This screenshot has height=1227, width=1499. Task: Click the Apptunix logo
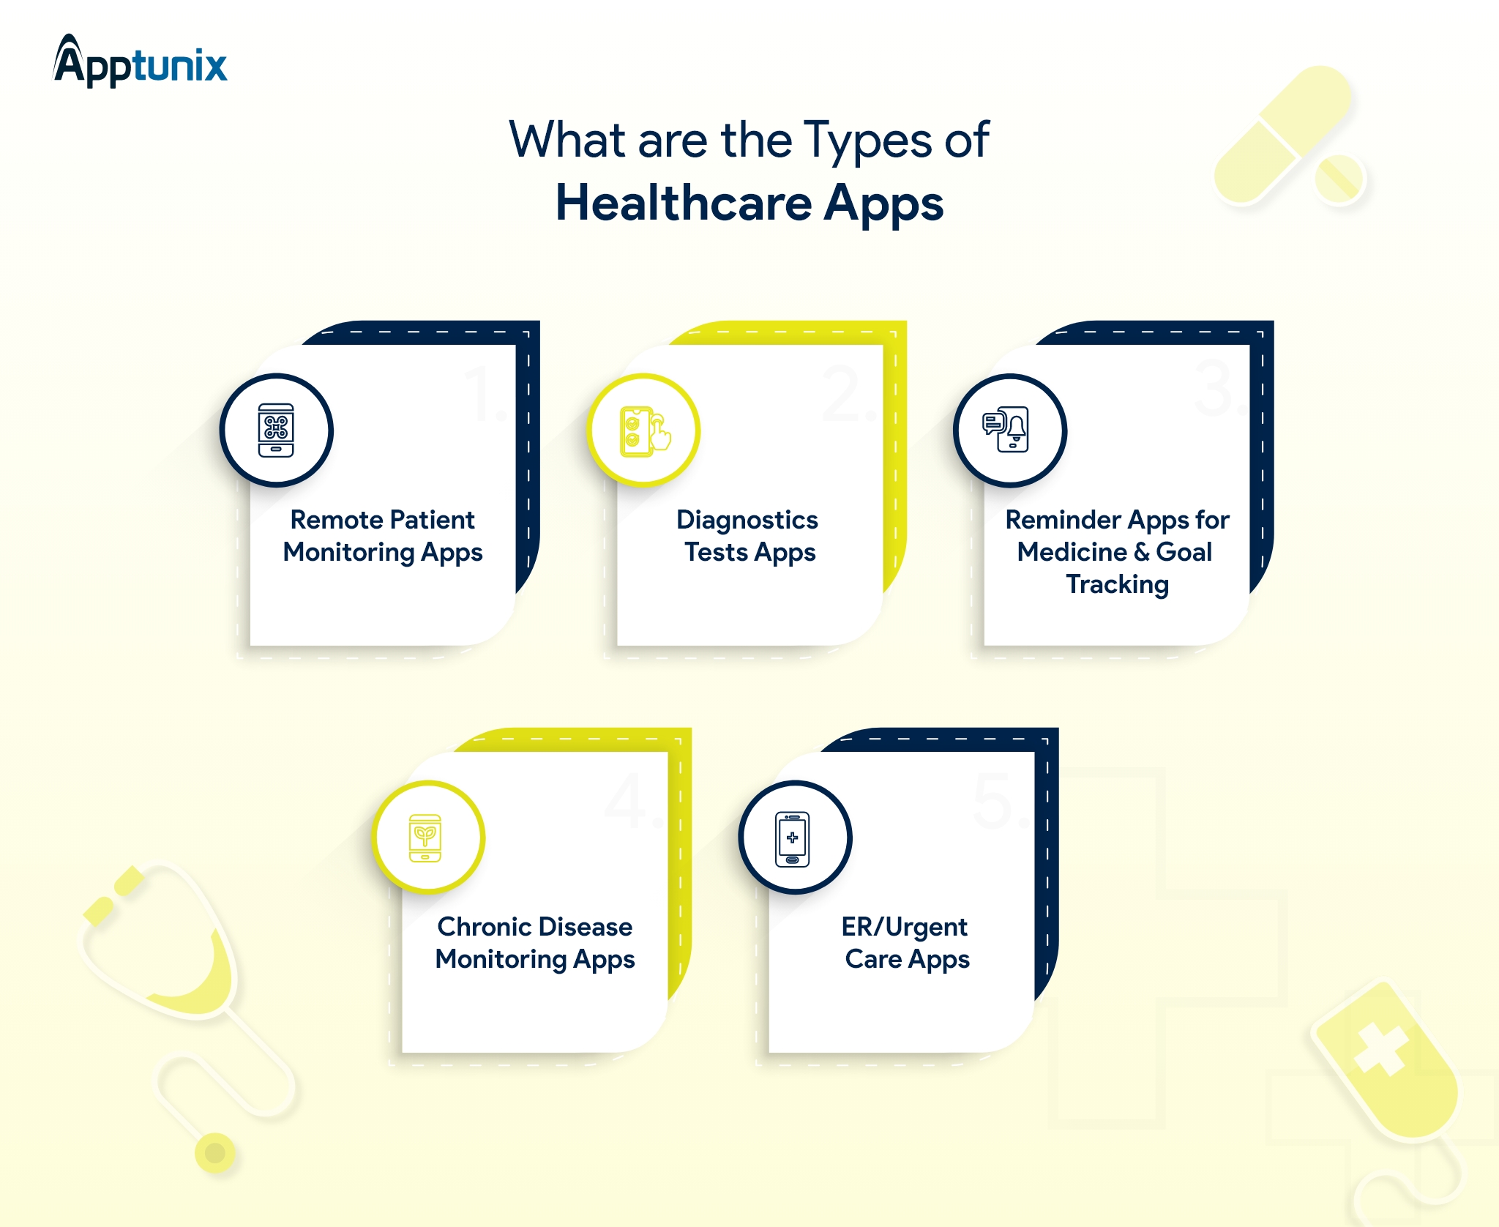tap(140, 61)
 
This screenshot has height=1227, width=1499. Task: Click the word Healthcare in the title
tap(684, 203)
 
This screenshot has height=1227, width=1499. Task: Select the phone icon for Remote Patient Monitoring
tap(276, 430)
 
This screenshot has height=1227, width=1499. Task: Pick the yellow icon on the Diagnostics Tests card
tap(645, 432)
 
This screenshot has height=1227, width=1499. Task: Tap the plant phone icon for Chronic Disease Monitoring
tap(425, 838)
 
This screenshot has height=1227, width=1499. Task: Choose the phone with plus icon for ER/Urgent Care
tap(793, 839)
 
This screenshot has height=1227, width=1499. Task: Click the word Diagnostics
tap(747, 521)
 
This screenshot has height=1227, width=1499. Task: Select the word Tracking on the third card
tap(1117, 585)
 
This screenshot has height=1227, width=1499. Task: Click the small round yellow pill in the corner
tap(1339, 179)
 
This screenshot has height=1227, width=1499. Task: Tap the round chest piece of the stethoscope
tap(215, 1153)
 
